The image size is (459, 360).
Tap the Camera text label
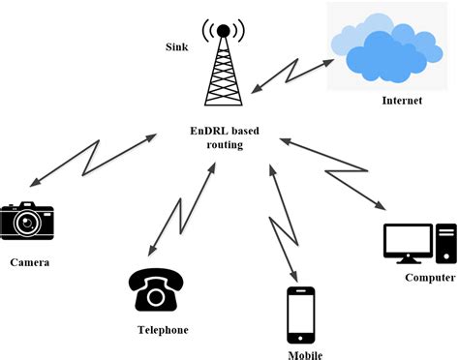click(x=30, y=262)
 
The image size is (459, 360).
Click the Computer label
click(x=429, y=278)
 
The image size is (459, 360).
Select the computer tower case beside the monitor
click(x=445, y=243)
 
